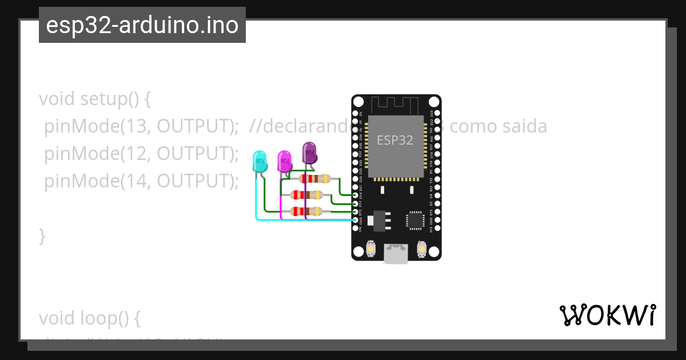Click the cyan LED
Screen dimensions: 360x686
point(260,162)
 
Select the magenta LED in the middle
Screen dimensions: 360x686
point(284,161)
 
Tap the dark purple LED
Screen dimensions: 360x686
point(309,153)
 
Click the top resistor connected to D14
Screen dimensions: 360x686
point(314,178)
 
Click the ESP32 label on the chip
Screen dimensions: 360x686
point(394,140)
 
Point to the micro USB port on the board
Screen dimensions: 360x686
point(396,253)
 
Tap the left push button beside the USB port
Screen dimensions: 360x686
point(371,250)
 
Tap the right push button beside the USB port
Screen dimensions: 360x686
point(421,250)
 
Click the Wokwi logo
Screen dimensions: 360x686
point(607,315)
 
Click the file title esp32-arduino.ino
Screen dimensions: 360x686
point(142,25)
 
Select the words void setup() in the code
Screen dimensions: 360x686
point(94,99)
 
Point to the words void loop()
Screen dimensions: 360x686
point(89,318)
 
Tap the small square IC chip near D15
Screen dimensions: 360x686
point(414,221)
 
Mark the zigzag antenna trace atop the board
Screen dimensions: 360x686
point(396,105)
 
